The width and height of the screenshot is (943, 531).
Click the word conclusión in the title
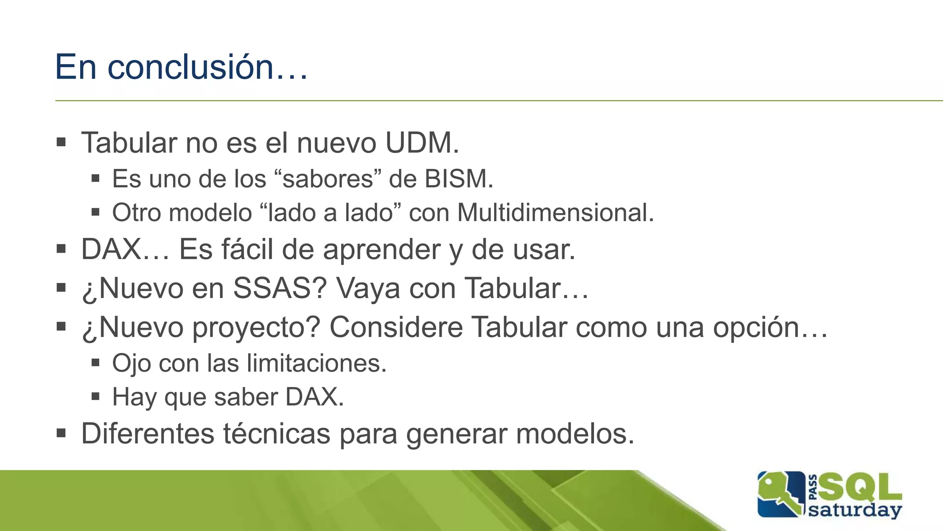click(191, 67)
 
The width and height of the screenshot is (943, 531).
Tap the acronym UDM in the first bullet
click(422, 143)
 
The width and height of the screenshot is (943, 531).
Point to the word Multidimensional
click(555, 213)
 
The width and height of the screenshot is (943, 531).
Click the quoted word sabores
click(327, 179)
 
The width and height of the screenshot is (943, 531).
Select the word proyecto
click(256, 328)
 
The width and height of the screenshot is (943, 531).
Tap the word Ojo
click(132, 364)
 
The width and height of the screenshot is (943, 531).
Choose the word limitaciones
click(316, 363)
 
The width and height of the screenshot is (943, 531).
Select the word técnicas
click(277, 434)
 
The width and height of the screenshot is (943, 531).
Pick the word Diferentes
click(148, 434)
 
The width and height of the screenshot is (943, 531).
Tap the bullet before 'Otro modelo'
click(95, 212)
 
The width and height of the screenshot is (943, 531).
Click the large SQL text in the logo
click(860, 488)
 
